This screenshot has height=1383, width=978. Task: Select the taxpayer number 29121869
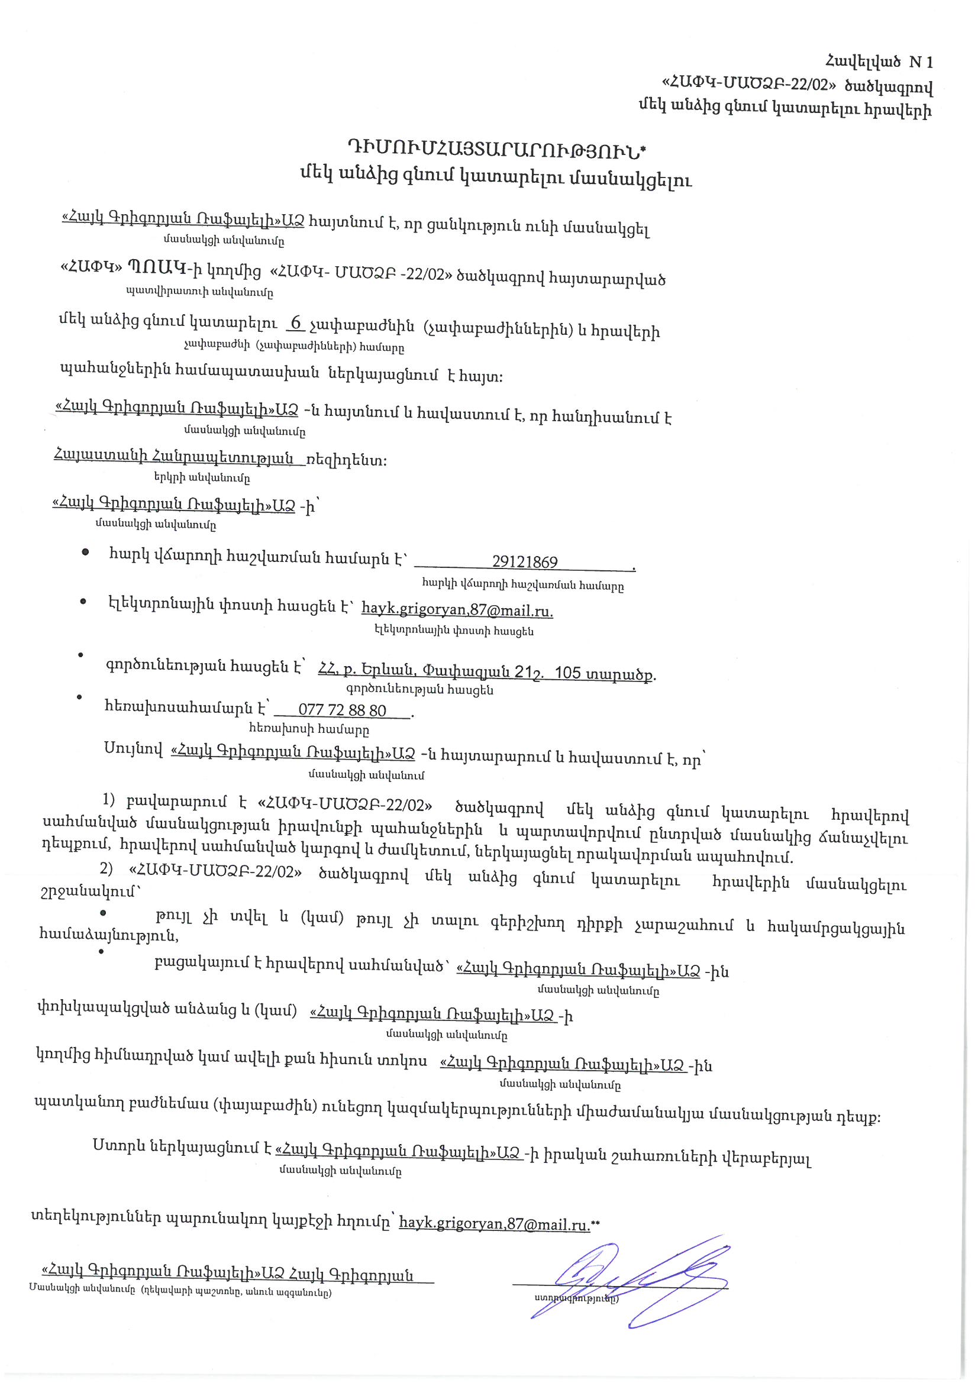click(524, 562)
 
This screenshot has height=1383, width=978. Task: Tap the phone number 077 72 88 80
click(342, 711)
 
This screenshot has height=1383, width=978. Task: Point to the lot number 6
click(295, 324)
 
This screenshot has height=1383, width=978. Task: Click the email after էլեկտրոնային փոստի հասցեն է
click(457, 610)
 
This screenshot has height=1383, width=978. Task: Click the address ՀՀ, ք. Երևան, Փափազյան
click(486, 671)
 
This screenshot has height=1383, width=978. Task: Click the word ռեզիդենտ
click(347, 461)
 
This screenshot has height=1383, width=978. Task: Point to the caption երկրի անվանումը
click(202, 479)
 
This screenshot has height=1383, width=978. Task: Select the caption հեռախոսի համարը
click(326, 730)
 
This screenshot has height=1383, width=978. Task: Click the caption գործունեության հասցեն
click(420, 690)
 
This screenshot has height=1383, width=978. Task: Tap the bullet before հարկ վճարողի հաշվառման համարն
click(86, 552)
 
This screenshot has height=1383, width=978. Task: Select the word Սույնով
click(133, 750)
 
